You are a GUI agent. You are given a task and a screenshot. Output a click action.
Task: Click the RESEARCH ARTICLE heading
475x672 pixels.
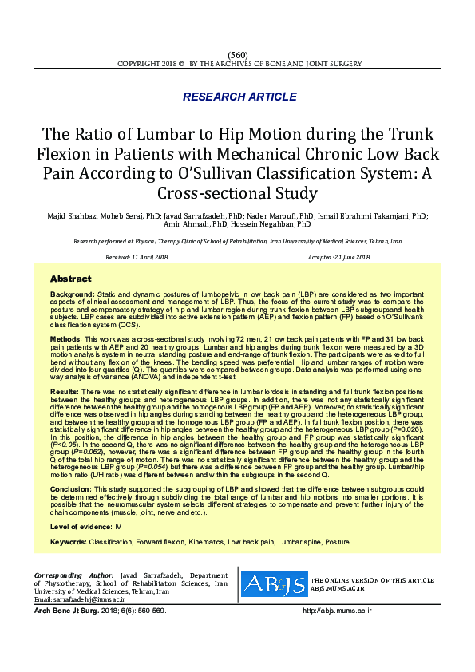[239, 97]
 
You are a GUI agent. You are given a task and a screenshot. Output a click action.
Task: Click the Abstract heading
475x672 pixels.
[71, 279]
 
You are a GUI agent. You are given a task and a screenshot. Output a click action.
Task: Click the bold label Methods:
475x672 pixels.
[67, 339]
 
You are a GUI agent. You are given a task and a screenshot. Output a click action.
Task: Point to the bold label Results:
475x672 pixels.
[65, 393]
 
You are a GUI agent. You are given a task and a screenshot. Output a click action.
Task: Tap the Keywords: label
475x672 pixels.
[68, 543]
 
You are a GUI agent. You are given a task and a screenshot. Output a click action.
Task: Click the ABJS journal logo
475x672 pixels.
[274, 584]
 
